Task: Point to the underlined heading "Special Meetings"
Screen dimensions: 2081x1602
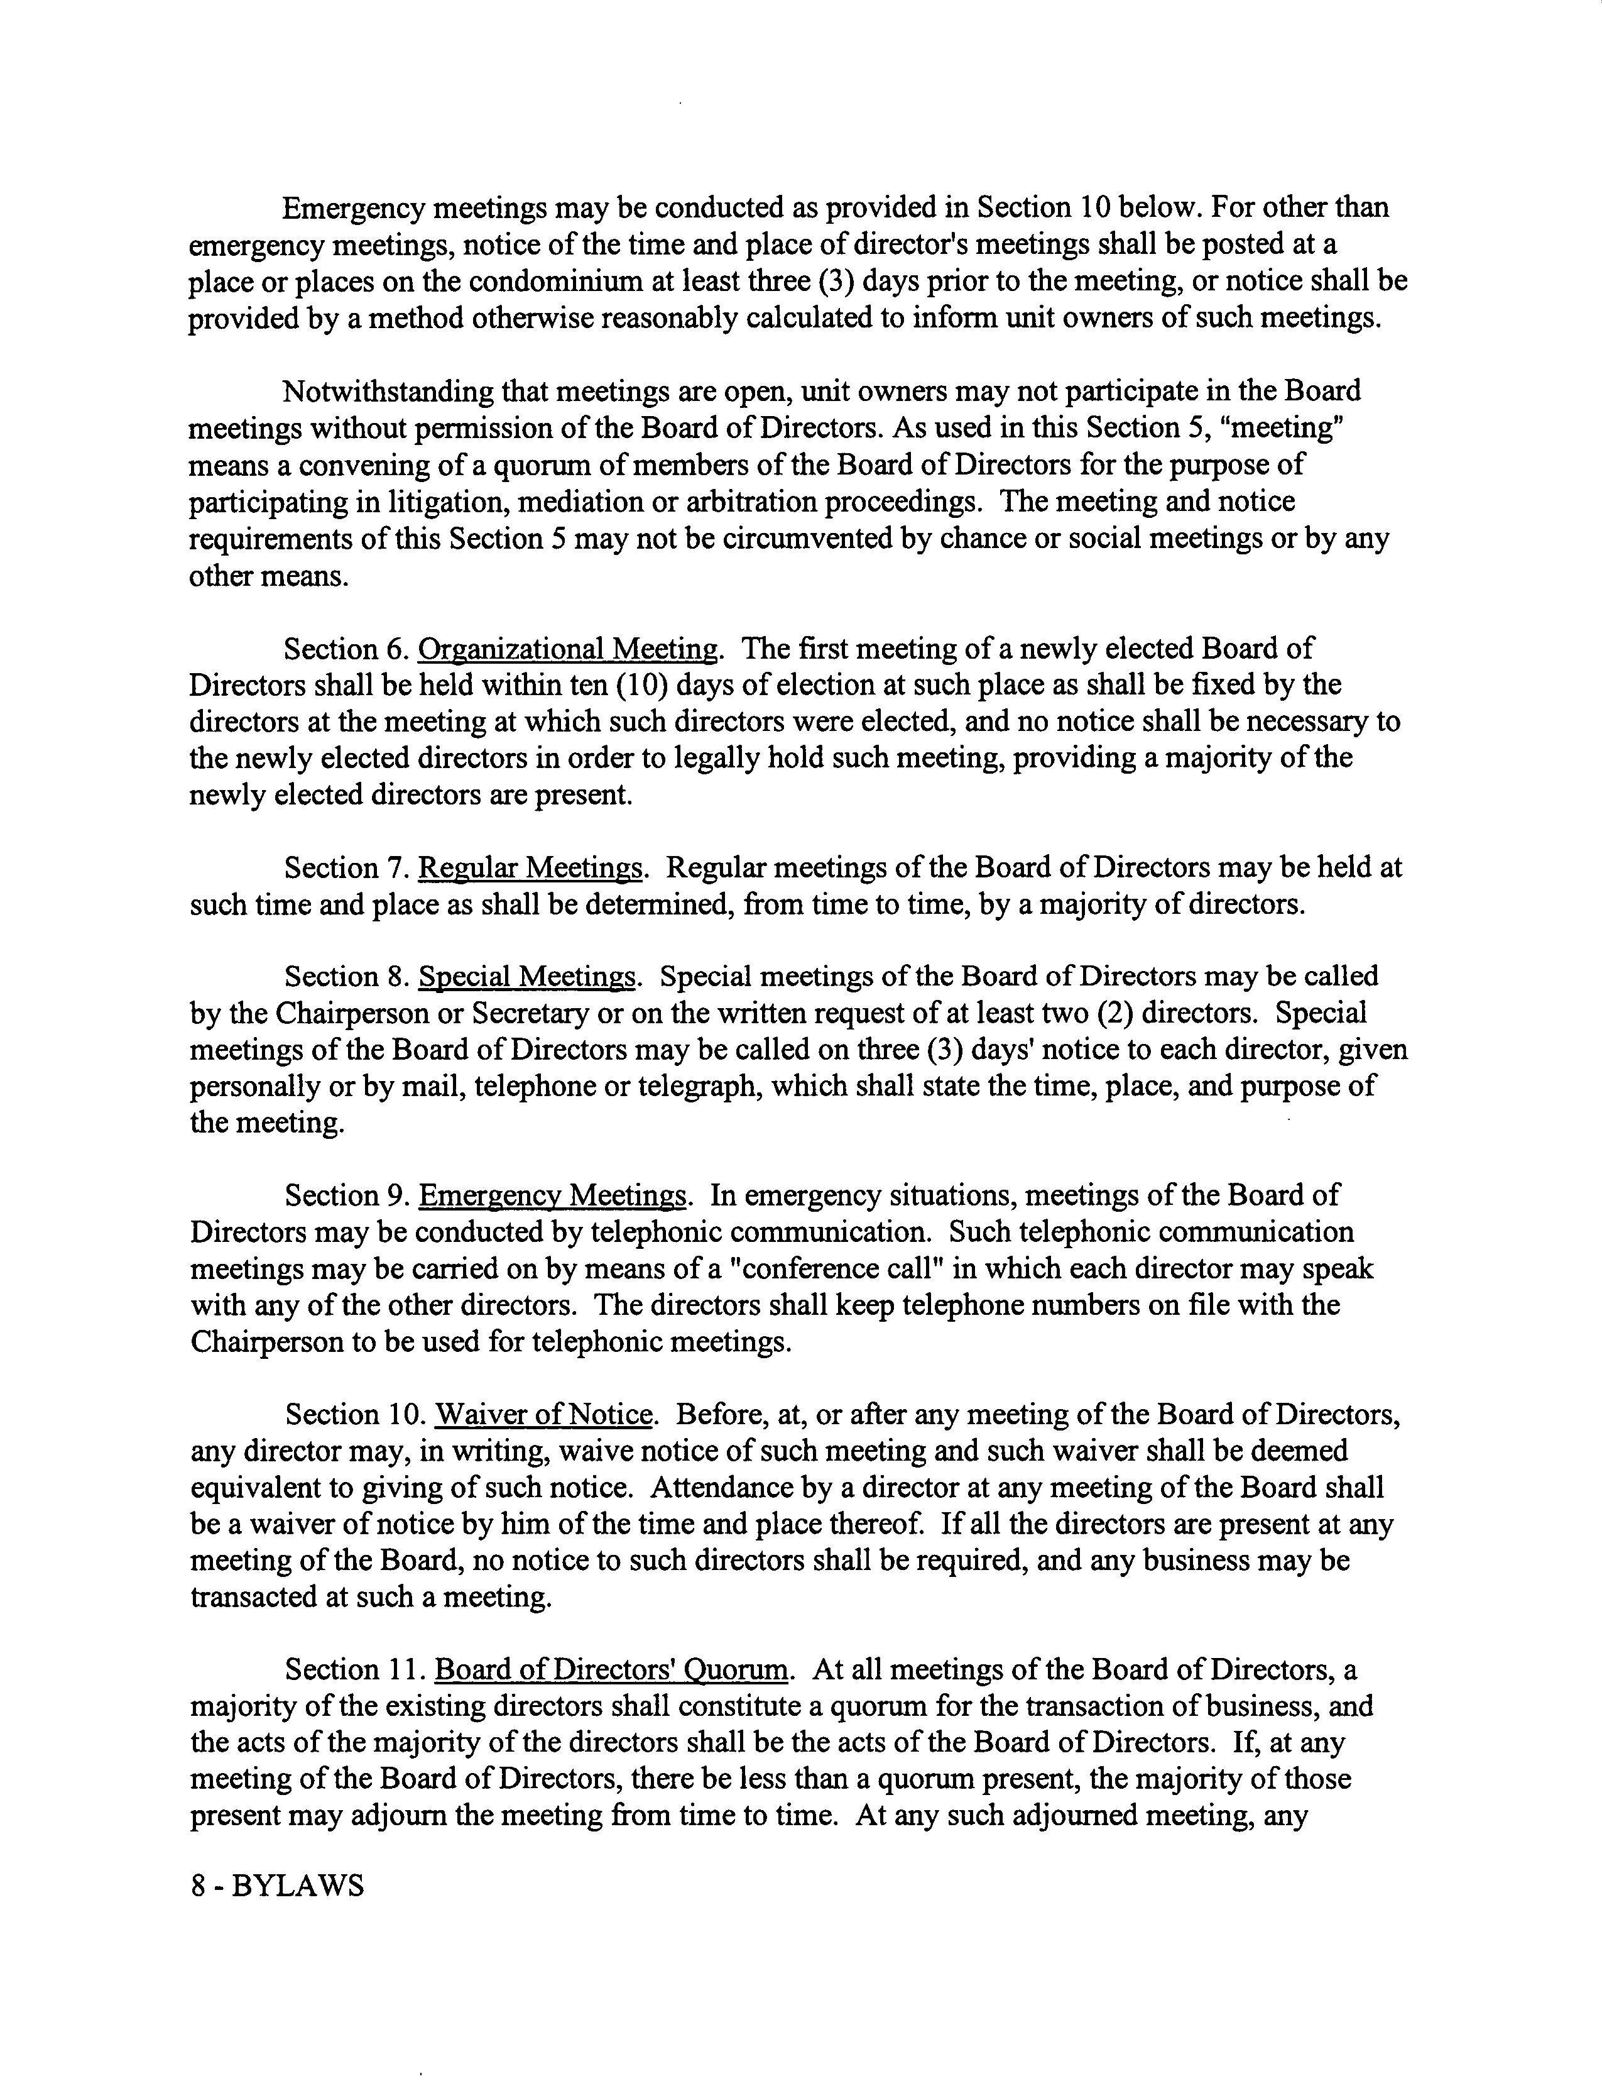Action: (526, 977)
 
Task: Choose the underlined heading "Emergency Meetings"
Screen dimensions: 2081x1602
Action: (552, 1196)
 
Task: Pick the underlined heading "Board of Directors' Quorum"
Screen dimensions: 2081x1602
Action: (611, 1671)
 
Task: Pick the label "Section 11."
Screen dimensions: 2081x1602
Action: (354, 1671)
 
